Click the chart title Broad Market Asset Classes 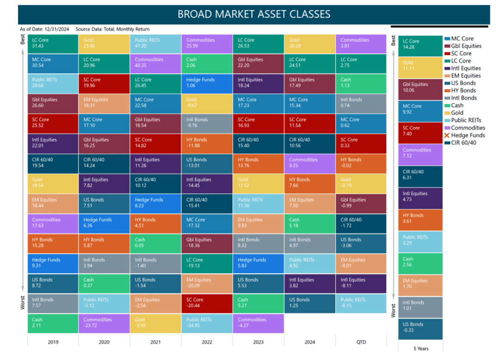point(254,14)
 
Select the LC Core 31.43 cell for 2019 point(53,43)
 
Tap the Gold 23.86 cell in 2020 point(104,43)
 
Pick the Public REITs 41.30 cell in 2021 point(155,43)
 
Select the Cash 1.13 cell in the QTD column point(361,83)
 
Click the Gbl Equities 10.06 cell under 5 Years point(420,89)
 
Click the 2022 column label point(207,342)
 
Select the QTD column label point(361,342)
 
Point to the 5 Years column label point(420,348)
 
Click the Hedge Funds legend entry point(467,135)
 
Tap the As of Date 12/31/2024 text point(44,29)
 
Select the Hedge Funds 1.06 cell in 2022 point(207,83)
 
